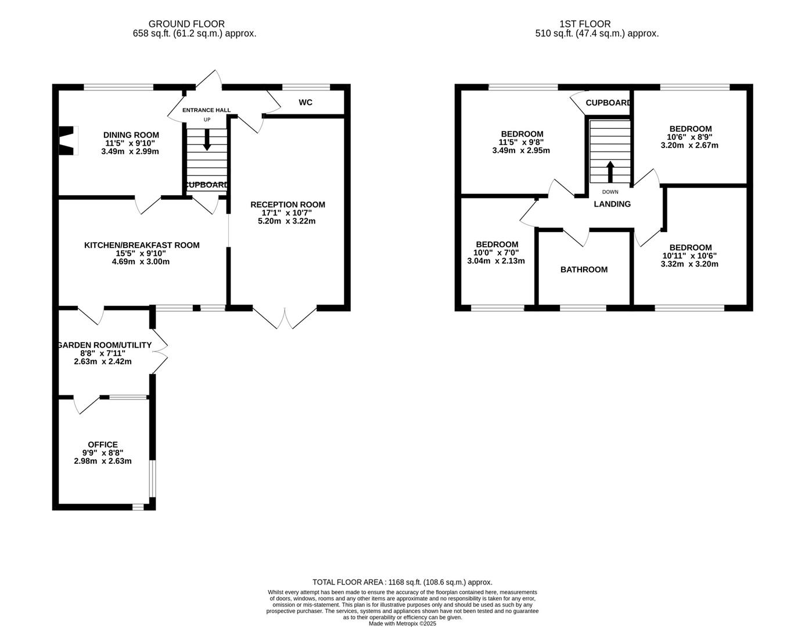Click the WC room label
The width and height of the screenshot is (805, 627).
pyautogui.click(x=306, y=103)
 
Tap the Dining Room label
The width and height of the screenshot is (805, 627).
pyautogui.click(x=131, y=135)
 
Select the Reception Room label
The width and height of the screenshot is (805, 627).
pyautogui.click(x=287, y=204)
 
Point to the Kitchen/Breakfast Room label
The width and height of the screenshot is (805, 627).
pyautogui.click(x=142, y=245)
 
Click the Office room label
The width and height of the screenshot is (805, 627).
pyautogui.click(x=103, y=445)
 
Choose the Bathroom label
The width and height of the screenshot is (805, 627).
pyautogui.click(x=584, y=269)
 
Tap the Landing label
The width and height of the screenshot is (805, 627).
pyautogui.click(x=612, y=204)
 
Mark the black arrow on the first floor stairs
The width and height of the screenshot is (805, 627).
pyautogui.click(x=610, y=172)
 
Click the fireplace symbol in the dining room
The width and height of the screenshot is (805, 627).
pyautogui.click(x=68, y=140)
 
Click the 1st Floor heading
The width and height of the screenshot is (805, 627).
pyautogui.click(x=585, y=24)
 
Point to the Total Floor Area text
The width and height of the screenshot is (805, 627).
pyautogui.click(x=402, y=582)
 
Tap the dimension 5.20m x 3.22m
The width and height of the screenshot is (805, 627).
pyautogui.click(x=287, y=221)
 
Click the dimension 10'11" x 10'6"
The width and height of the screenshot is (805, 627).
pyautogui.click(x=689, y=255)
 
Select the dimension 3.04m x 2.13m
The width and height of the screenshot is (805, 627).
pyautogui.click(x=496, y=261)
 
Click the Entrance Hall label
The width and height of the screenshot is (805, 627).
pyautogui.click(x=206, y=110)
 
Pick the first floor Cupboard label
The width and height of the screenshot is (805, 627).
pyautogui.click(x=608, y=103)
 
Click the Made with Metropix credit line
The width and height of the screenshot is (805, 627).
pyautogui.click(x=402, y=624)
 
